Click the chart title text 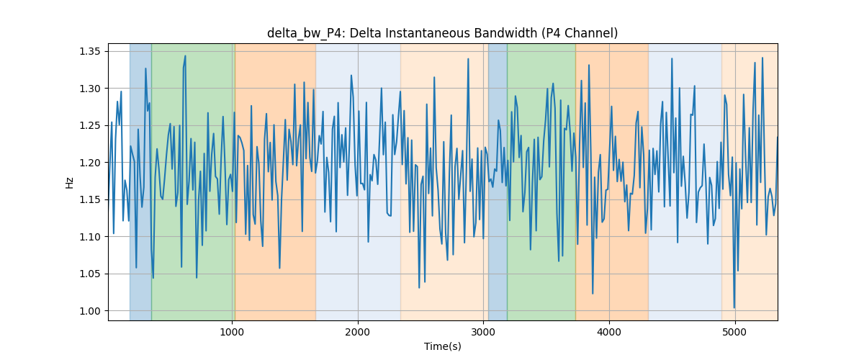(442, 33)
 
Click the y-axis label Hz (69, 183)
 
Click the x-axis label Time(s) (442, 346)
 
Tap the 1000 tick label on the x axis (232, 333)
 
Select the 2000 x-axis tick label (358, 333)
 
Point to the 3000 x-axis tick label (483, 333)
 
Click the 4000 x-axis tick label (609, 333)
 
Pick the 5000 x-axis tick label (735, 333)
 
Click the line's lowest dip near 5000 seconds (734, 308)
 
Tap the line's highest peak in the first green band (185, 56)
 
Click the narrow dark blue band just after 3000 (498, 181)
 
